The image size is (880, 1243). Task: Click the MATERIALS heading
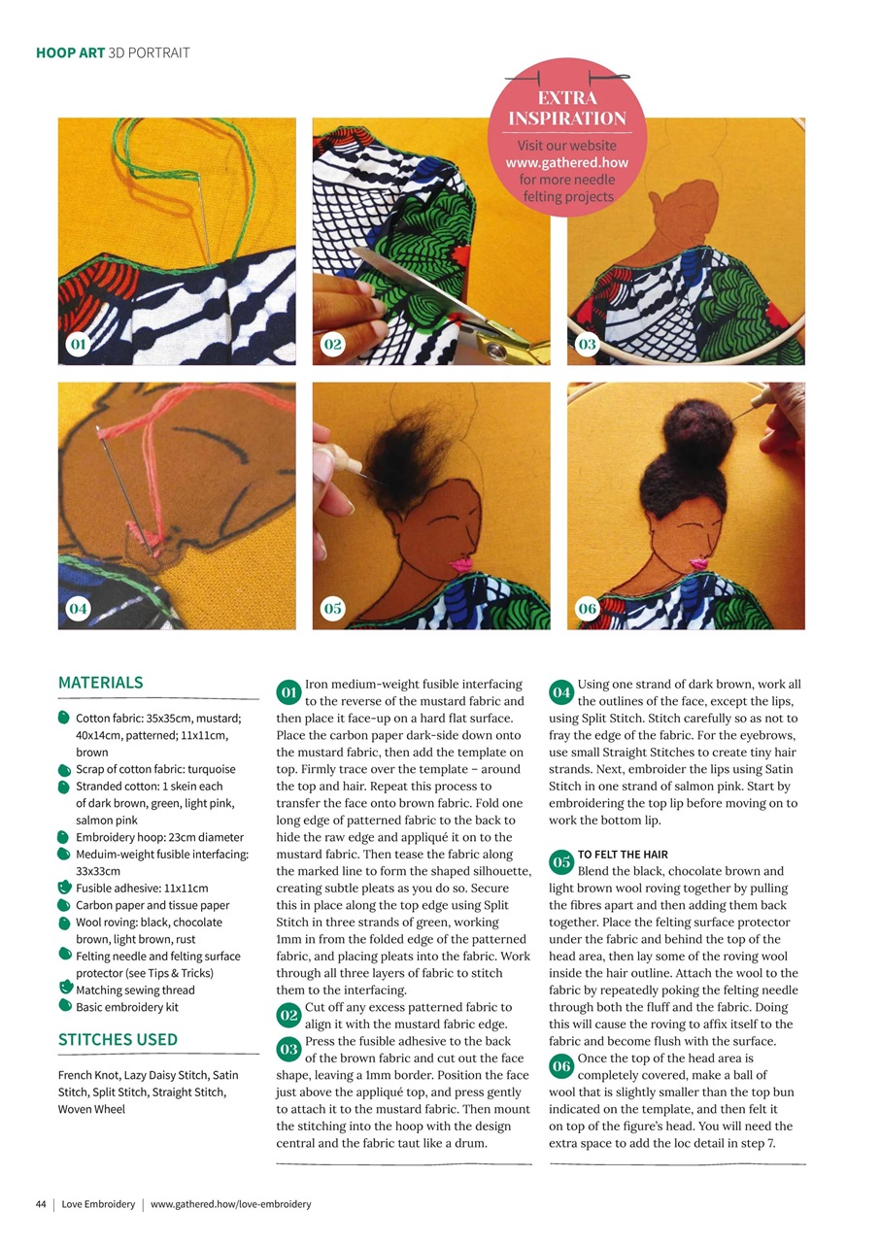(x=100, y=683)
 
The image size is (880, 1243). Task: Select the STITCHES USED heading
(x=118, y=1039)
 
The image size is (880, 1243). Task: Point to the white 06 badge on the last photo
(x=587, y=609)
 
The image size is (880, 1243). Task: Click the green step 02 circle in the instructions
(x=288, y=1016)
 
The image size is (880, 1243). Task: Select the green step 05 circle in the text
(x=560, y=862)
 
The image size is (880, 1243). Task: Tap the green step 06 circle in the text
(x=560, y=1066)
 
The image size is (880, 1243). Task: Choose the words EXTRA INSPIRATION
(x=567, y=109)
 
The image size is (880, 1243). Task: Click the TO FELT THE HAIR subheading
(x=623, y=855)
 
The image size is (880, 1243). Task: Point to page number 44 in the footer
(x=41, y=1204)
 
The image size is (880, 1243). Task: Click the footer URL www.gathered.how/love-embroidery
(x=230, y=1204)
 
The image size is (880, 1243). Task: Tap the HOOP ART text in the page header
(x=71, y=52)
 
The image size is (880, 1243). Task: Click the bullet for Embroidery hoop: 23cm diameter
(x=64, y=836)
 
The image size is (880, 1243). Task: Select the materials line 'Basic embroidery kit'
(x=127, y=1007)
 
